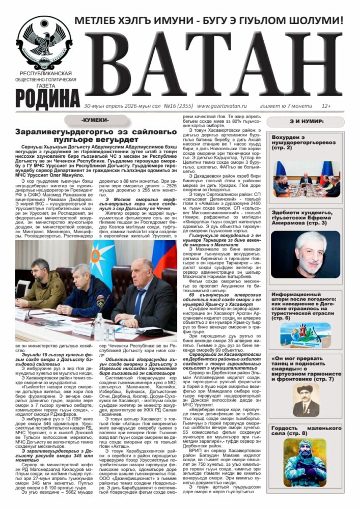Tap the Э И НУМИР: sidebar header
click(x=306, y=121)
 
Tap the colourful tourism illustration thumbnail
click(x=306, y=335)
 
